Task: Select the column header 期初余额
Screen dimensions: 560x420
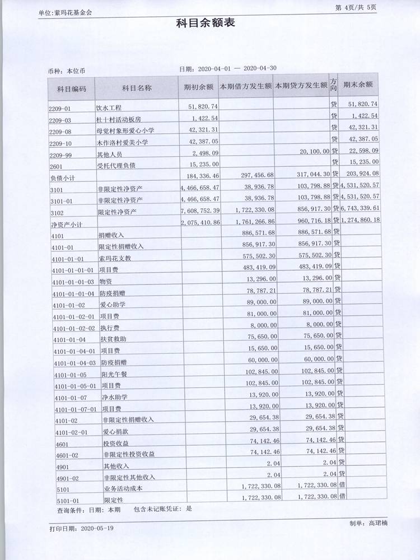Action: tap(198, 87)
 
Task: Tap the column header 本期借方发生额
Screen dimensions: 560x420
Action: tap(245, 87)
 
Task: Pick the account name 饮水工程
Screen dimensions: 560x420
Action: tap(109, 108)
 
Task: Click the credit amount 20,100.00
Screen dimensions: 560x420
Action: tap(314, 151)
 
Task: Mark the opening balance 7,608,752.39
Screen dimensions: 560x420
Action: tap(200, 211)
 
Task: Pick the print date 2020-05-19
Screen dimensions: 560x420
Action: tap(97, 528)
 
